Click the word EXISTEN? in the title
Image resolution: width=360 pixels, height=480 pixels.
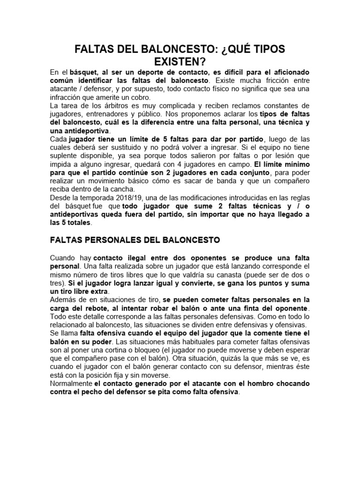point(180,61)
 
